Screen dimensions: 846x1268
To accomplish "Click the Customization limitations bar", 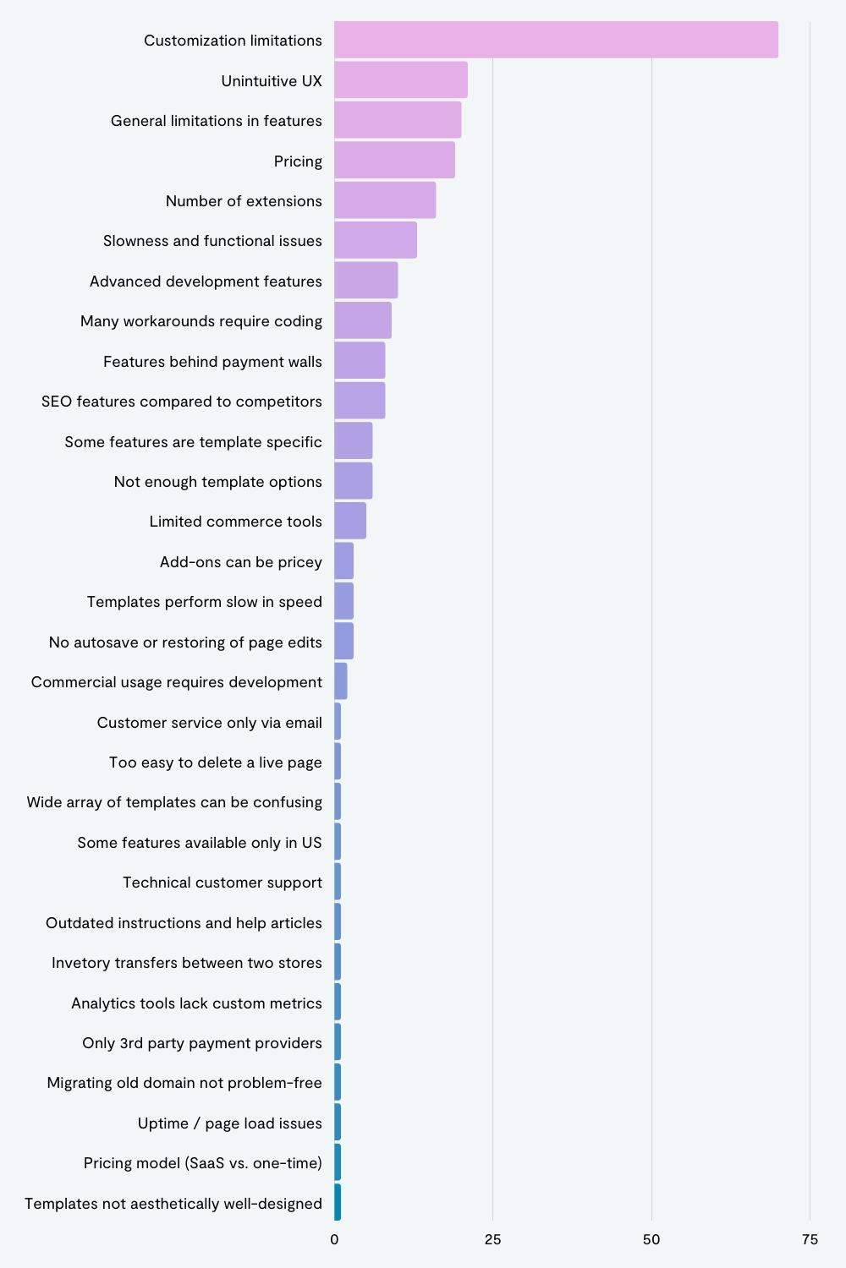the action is point(556,40).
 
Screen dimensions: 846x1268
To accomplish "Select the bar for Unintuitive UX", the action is point(401,79).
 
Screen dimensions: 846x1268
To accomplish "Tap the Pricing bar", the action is point(394,161).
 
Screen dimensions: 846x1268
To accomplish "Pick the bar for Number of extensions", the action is point(385,200).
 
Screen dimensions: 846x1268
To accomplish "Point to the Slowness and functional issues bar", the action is point(376,240).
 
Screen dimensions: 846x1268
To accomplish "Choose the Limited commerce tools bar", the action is point(350,521).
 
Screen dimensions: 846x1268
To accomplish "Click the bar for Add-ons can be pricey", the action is point(344,561).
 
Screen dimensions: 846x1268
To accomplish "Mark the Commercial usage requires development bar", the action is point(341,681).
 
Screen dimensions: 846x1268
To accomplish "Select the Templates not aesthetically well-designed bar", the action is point(338,1202).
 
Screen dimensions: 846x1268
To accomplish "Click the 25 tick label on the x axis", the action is point(492,1240).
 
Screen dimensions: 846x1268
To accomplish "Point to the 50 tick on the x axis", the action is point(651,1240).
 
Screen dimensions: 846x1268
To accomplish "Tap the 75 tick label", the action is point(810,1240).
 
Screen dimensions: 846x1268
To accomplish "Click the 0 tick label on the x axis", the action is point(334,1240).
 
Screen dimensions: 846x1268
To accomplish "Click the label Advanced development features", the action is point(206,281).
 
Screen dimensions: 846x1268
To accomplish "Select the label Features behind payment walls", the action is point(212,362).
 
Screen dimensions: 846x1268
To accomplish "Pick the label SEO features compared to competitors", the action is point(182,402).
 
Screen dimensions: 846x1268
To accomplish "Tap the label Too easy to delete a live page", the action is point(216,762).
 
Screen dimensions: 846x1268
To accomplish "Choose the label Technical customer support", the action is point(222,883).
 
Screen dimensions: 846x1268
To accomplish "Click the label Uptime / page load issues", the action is point(229,1123).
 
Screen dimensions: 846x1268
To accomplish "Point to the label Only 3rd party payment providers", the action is point(201,1042).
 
